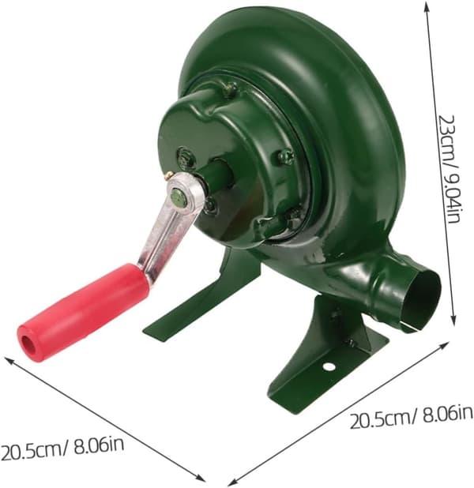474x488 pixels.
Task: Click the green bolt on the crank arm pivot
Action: (179, 197)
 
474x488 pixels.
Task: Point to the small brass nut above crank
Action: (170, 176)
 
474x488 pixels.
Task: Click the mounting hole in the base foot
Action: (329, 366)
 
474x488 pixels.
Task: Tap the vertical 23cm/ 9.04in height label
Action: (449, 169)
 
